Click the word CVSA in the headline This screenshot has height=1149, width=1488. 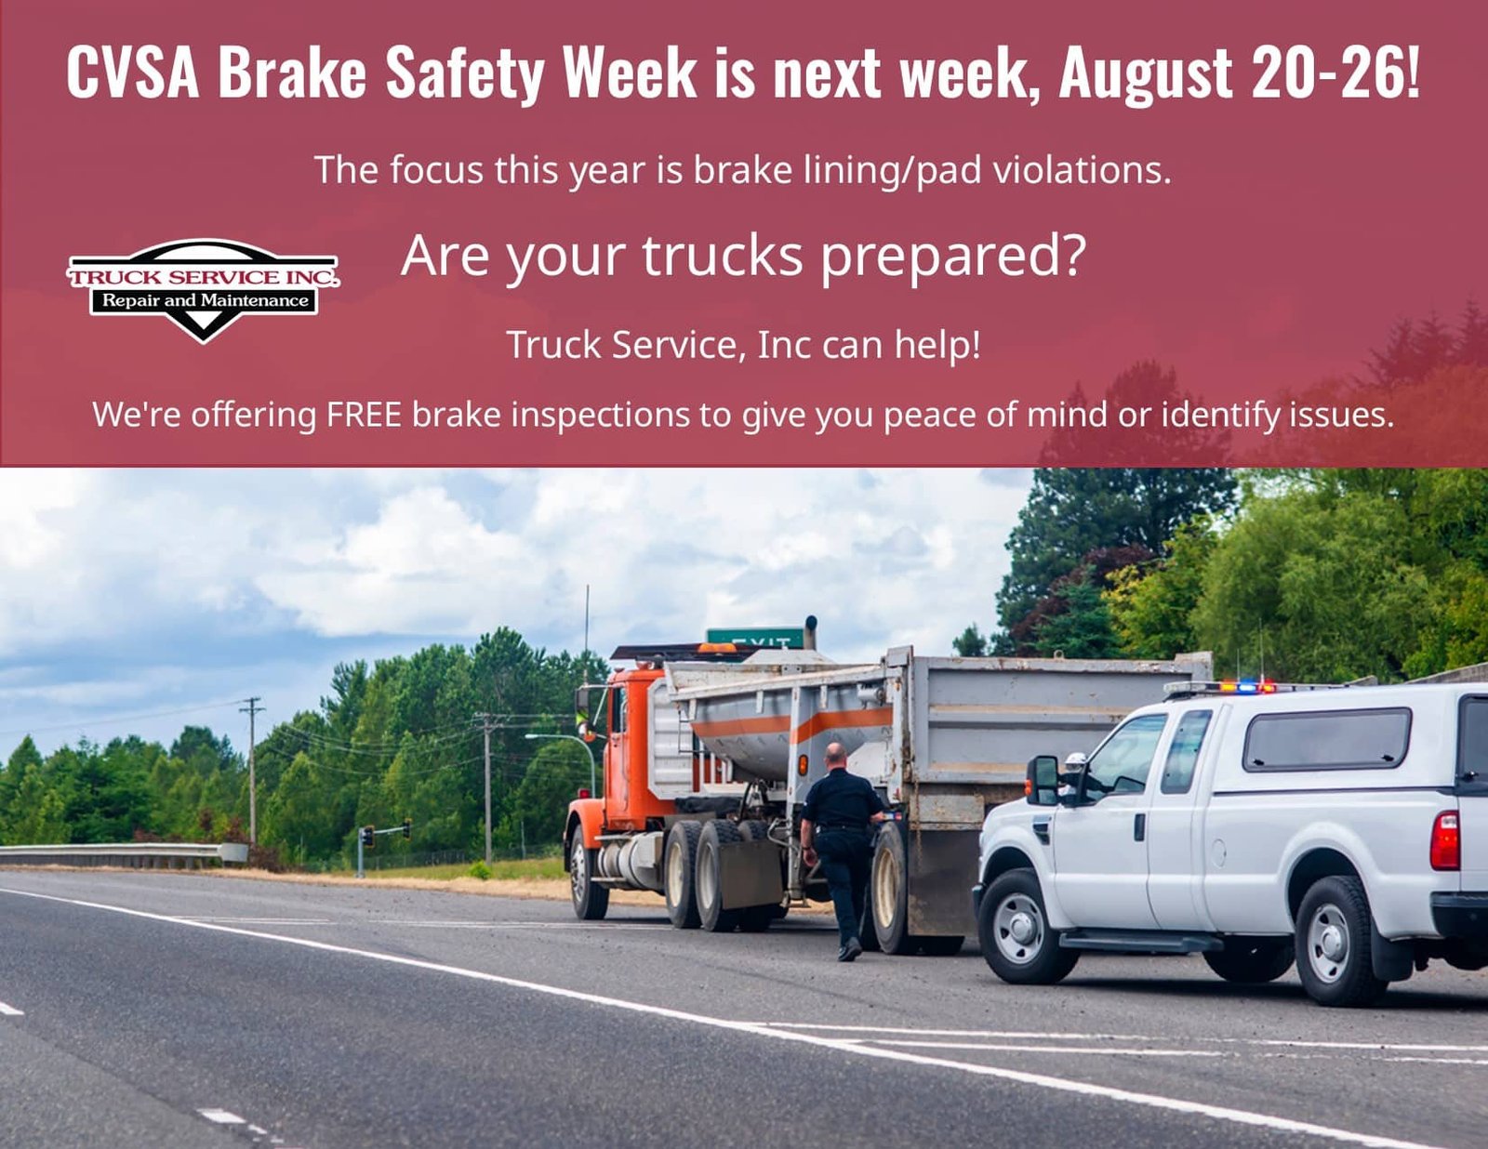[133, 73]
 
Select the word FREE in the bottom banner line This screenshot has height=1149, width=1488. [364, 415]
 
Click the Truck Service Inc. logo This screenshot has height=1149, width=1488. [203, 290]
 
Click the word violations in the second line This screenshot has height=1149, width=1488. [1082, 170]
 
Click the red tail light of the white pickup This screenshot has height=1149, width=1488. [1444, 840]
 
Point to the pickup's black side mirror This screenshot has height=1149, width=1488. [1043, 780]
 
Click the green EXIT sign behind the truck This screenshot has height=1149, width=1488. [754, 638]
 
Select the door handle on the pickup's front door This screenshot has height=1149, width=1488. [1138, 826]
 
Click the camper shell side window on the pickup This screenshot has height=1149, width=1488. [1326, 740]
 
